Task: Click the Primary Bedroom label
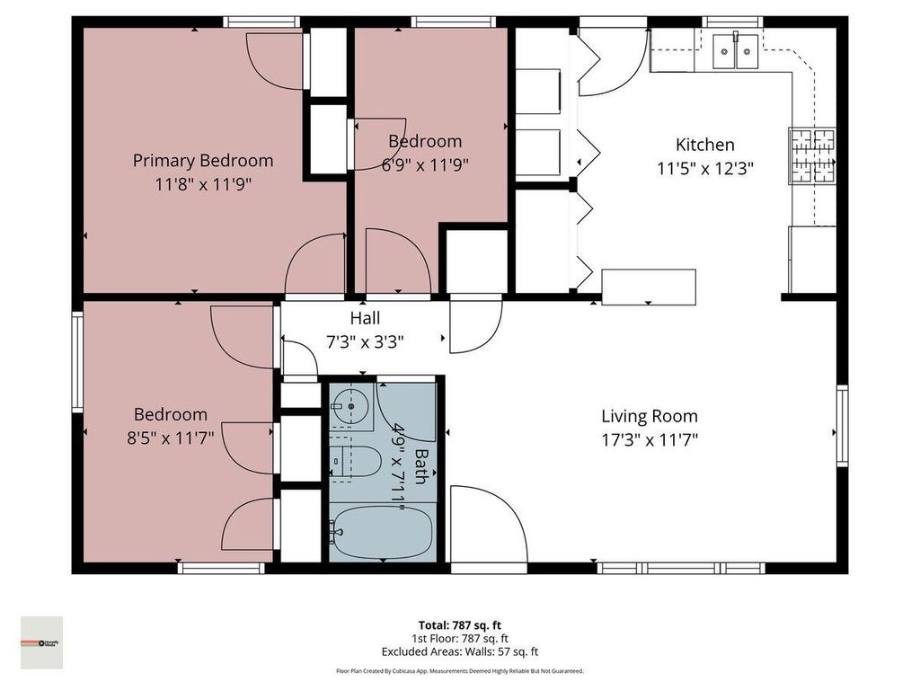[203, 161]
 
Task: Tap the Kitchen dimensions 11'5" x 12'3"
[705, 167]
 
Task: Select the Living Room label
[649, 416]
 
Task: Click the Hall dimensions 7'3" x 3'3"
[365, 341]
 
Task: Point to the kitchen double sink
[735, 51]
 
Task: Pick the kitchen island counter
[648, 287]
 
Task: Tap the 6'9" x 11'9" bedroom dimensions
[425, 164]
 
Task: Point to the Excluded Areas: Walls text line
[460, 652]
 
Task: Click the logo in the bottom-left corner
[41, 642]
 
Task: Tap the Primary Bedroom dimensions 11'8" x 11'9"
[203, 184]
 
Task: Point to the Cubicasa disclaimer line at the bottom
[460, 671]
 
